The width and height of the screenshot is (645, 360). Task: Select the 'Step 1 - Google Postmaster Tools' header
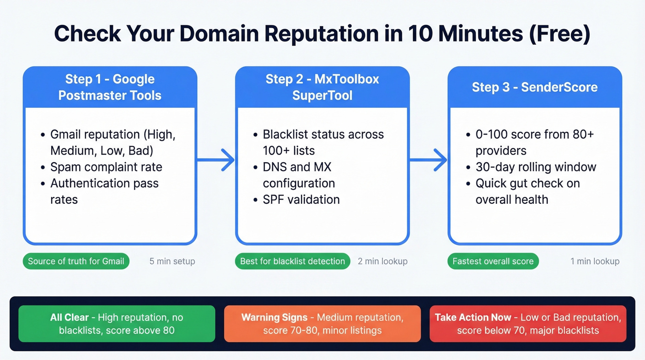tap(110, 87)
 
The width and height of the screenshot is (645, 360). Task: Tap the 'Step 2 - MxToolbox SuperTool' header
tap(322, 87)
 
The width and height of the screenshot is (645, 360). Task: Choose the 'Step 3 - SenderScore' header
tap(534, 87)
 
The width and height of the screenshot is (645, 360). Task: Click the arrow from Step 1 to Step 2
tap(216, 160)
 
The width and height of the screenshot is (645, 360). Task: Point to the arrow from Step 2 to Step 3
tap(428, 160)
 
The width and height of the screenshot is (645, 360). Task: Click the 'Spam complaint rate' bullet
tap(106, 167)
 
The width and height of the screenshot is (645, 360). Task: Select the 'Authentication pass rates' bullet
tap(104, 191)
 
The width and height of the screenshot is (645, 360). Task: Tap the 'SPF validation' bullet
tap(301, 200)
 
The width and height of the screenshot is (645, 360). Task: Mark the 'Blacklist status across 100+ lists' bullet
tap(322, 142)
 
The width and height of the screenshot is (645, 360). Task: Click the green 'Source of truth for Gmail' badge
tap(76, 261)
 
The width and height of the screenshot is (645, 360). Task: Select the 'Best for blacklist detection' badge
tap(293, 261)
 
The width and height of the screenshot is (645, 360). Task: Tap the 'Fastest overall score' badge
tap(493, 261)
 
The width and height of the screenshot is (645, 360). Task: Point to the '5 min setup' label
tap(172, 261)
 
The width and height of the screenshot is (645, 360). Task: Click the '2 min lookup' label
tap(382, 261)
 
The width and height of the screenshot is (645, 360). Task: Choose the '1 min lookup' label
tap(595, 261)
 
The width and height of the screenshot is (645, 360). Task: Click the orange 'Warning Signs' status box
tap(322, 324)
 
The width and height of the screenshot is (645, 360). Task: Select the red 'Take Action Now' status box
tap(528, 324)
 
